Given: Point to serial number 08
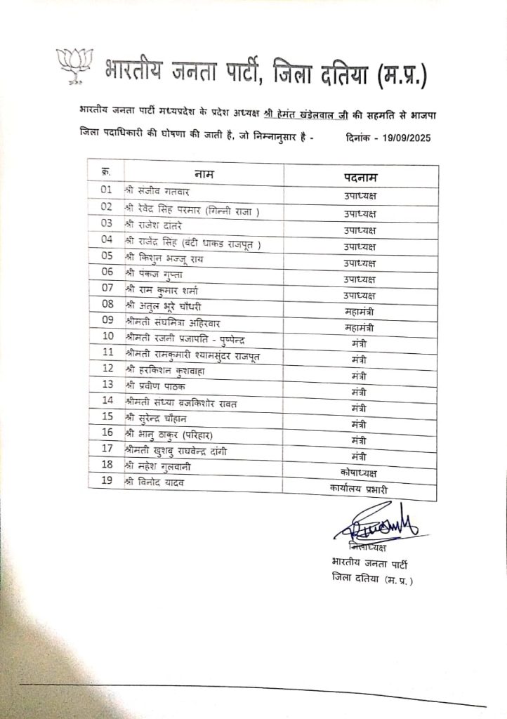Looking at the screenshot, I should coord(107,304).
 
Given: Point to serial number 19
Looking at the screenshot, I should coord(107,480).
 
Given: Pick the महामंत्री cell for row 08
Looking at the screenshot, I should coord(361,311).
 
